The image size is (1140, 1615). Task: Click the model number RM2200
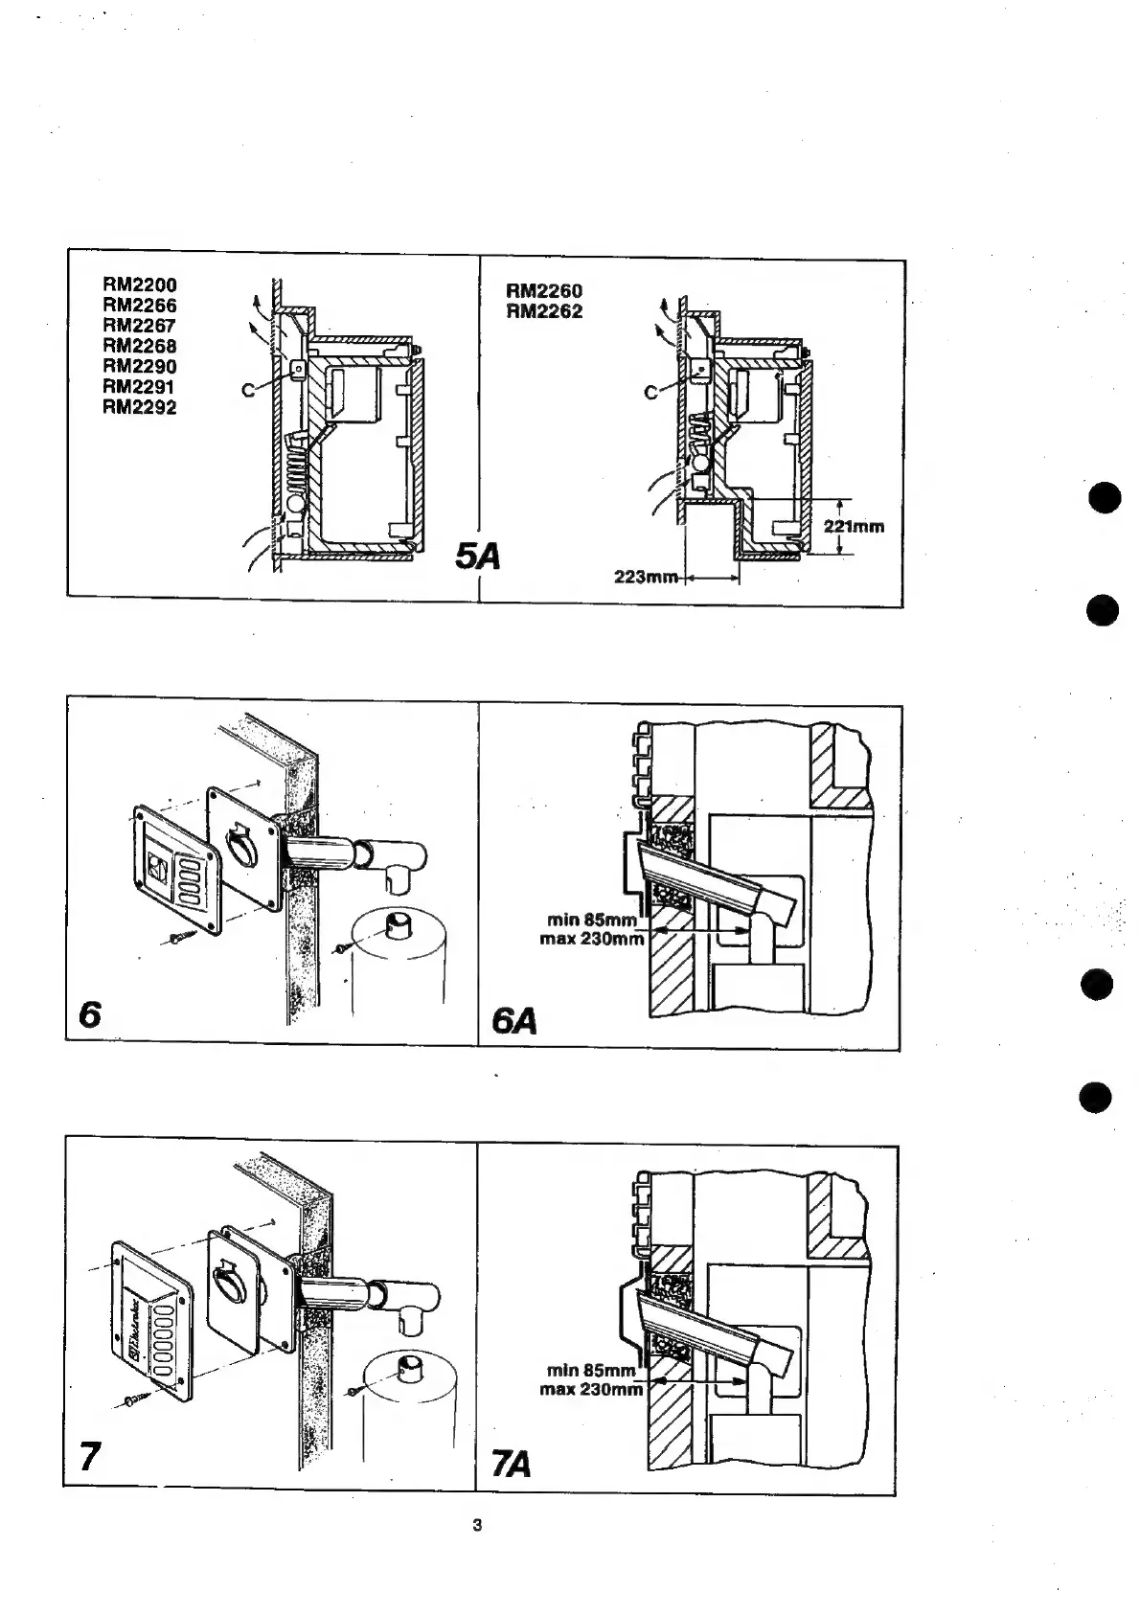click(140, 284)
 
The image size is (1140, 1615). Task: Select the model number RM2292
click(140, 407)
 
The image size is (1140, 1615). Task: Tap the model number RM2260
click(544, 290)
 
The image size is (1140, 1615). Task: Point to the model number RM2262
click(544, 311)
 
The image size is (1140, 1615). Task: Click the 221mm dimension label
click(854, 526)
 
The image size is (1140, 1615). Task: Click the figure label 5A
click(478, 556)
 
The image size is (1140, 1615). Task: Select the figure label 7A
click(511, 1466)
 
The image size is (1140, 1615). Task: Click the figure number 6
click(90, 1014)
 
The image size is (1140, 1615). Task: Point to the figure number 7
click(89, 1457)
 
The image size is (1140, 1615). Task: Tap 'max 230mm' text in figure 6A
click(591, 939)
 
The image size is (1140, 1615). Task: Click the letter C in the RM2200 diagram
click(248, 390)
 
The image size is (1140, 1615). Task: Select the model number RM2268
click(140, 346)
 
